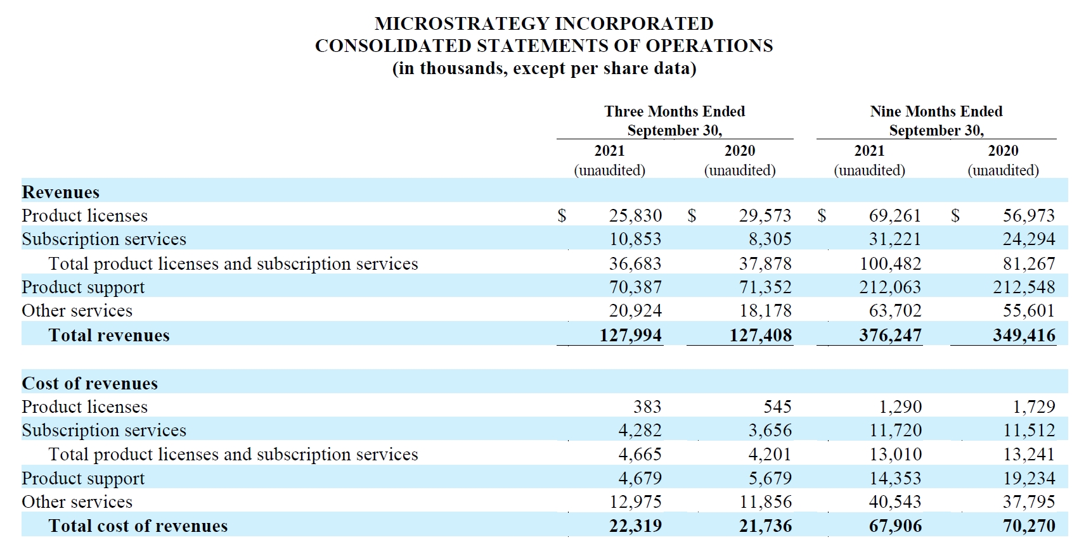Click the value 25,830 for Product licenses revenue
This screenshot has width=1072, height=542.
[636, 215]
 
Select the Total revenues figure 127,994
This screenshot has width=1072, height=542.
[631, 335]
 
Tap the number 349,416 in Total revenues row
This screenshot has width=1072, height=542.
[1024, 335]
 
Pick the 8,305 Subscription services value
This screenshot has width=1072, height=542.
[770, 239]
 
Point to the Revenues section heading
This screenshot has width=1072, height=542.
[61, 192]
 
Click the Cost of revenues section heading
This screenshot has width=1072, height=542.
[90, 383]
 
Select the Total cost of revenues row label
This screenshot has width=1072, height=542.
[138, 526]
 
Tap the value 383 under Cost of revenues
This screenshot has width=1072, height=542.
[647, 406]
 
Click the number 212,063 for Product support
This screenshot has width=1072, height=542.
[890, 287]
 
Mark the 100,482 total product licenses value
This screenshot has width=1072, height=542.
[890, 264]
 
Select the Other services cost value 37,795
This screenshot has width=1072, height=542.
[1029, 502]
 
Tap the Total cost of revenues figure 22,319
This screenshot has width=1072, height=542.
[636, 526]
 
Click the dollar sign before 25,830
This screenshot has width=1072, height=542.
[562, 215]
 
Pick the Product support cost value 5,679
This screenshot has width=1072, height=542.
[770, 479]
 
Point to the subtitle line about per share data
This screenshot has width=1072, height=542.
[544, 68]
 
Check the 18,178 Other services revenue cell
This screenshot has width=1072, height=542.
[765, 311]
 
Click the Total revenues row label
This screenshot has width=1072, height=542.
[109, 335]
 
